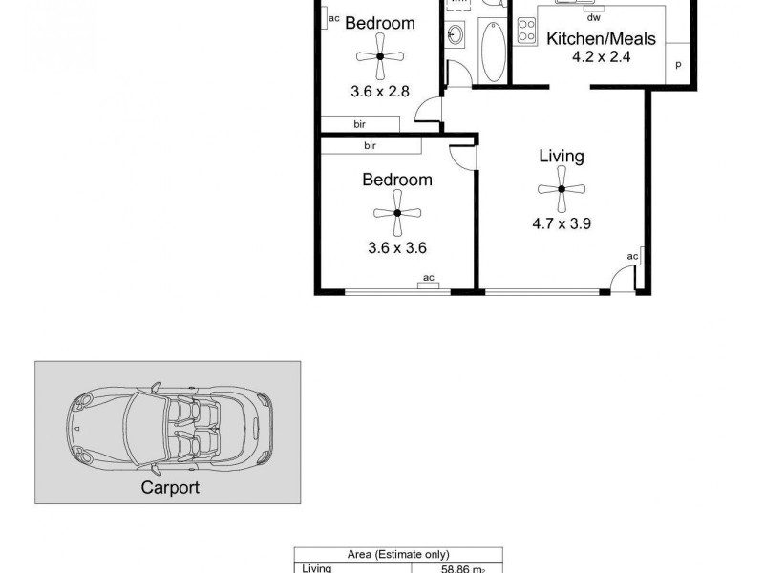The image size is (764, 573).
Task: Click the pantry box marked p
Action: pyautogui.click(x=678, y=65)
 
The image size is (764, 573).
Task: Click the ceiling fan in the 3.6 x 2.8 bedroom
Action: pyautogui.click(x=380, y=57)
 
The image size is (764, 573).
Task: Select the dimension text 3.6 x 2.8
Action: pyautogui.click(x=380, y=93)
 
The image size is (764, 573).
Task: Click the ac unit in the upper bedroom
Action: pyautogui.click(x=333, y=17)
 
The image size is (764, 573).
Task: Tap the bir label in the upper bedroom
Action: pyautogui.click(x=359, y=124)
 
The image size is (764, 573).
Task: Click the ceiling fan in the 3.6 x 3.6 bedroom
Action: pyautogui.click(x=397, y=214)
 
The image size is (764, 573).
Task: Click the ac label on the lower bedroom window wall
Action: pyautogui.click(x=429, y=279)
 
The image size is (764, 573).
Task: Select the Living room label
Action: pyautogui.click(x=562, y=157)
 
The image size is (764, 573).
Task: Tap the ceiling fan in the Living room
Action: pyautogui.click(x=562, y=189)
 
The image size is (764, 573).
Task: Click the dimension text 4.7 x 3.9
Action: pyautogui.click(x=562, y=225)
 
